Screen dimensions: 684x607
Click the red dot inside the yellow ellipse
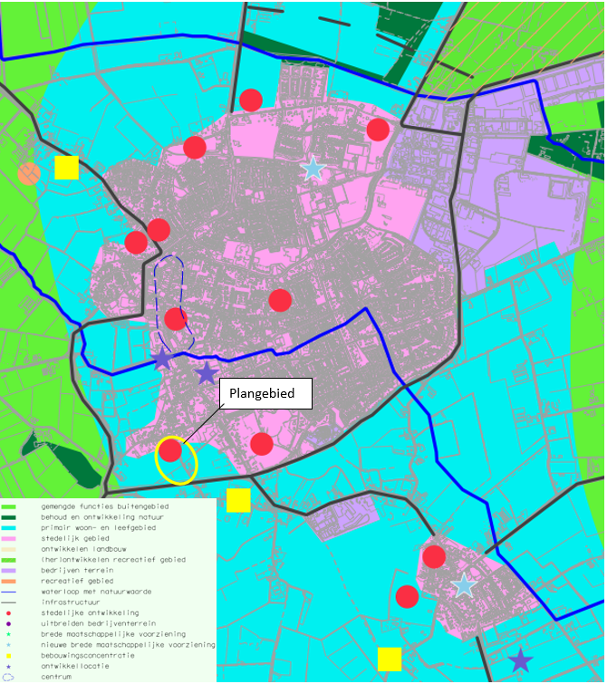tap(170, 450)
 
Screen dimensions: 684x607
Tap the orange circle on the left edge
tap(28, 173)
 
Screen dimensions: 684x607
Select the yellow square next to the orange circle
tap(66, 168)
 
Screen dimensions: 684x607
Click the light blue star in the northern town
tap(313, 169)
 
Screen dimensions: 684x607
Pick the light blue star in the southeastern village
tap(464, 584)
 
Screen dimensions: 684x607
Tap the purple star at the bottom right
tap(520, 660)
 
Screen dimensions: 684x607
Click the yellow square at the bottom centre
tap(390, 659)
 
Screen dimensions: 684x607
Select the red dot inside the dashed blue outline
tap(176, 318)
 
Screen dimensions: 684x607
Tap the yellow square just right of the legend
tap(238, 500)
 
